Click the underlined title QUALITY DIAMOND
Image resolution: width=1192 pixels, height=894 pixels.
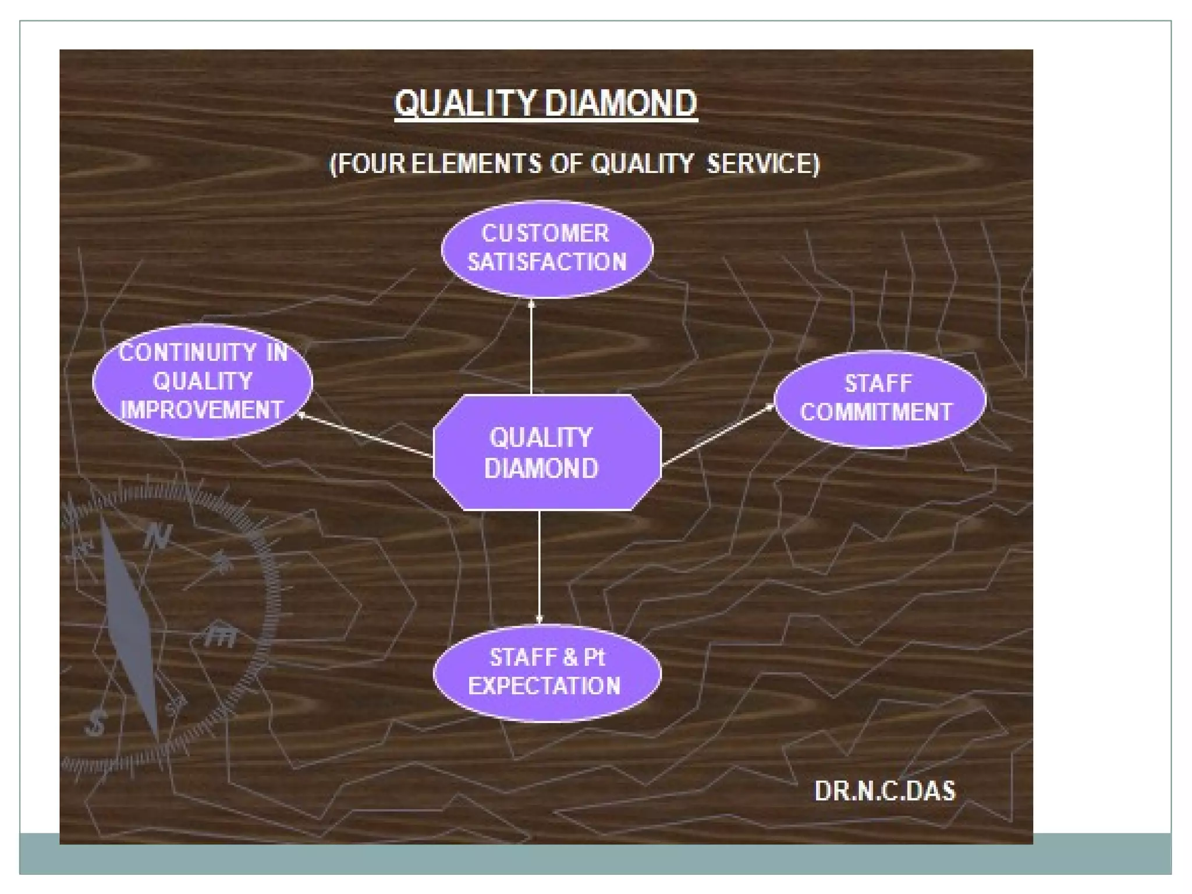(x=545, y=104)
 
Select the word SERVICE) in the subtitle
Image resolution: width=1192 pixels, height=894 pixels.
(x=762, y=164)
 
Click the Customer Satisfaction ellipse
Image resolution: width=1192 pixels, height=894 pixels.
(x=547, y=249)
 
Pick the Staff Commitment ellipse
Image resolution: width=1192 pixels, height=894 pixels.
(x=879, y=399)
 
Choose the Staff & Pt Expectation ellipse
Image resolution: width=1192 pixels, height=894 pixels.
(x=547, y=673)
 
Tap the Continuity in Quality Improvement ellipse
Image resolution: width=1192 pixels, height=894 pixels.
(x=203, y=381)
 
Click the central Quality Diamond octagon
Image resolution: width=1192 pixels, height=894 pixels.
(x=547, y=453)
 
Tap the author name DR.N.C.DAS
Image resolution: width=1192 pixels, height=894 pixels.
(x=885, y=791)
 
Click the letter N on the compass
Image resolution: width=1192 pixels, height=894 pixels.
(x=158, y=536)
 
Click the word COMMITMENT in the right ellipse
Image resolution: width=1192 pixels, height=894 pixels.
(x=876, y=412)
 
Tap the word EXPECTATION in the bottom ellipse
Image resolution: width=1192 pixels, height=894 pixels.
(x=545, y=686)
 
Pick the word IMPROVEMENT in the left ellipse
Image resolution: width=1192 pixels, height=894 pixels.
(x=201, y=410)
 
